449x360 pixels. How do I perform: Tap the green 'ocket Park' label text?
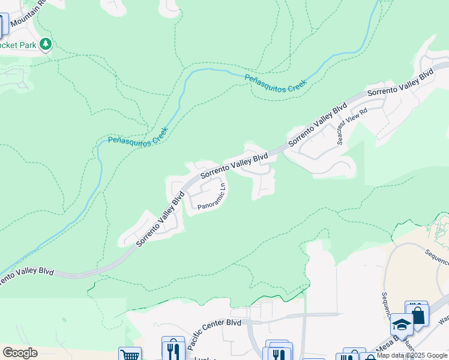click(18, 45)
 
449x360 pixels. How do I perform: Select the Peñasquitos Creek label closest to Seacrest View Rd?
click(276, 82)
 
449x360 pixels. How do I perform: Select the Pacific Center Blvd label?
click(214, 334)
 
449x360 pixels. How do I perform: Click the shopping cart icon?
click(130, 355)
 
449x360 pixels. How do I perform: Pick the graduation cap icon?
click(401, 325)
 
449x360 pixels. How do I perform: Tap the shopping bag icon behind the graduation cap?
click(417, 313)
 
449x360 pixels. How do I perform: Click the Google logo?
click(20, 353)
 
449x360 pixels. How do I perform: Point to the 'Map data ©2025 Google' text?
click(412, 355)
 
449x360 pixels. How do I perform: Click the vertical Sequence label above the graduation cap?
click(386, 306)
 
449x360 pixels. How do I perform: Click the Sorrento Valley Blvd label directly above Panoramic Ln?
click(234, 166)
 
